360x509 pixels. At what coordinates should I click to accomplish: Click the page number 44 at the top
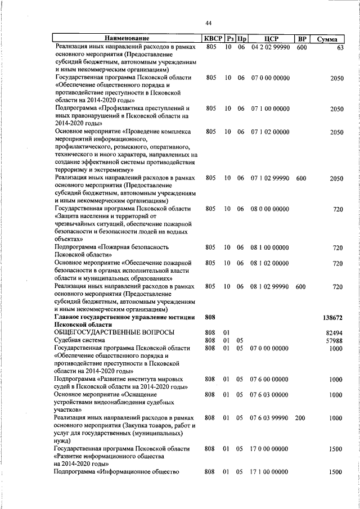coord(208,23)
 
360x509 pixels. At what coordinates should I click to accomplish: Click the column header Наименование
coord(127,39)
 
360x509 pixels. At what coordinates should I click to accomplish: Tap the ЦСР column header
coord(272,39)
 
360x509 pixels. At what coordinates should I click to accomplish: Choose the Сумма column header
coord(327,39)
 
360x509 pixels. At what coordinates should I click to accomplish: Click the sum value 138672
coord(332,317)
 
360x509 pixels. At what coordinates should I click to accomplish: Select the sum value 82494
coord(334,332)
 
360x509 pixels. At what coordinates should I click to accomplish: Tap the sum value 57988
coord(334,340)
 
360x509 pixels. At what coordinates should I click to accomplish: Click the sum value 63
coord(340,48)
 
